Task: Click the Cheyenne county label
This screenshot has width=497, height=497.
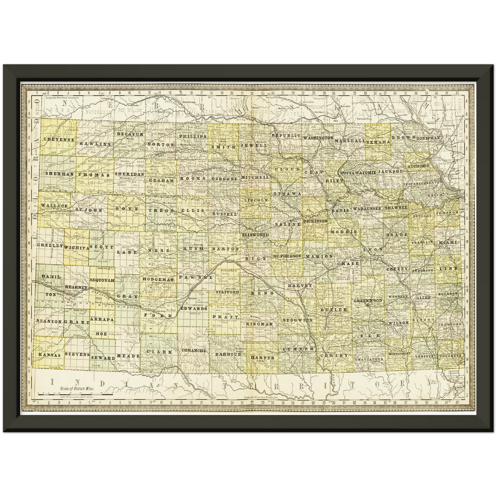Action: pyautogui.click(x=59, y=140)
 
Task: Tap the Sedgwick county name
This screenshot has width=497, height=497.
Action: pyautogui.click(x=298, y=320)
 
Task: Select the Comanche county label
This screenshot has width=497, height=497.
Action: pyautogui.click(x=194, y=351)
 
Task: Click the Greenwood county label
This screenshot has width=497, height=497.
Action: pyautogui.click(x=368, y=301)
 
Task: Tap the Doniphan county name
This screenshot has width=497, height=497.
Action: pyautogui.click(x=428, y=138)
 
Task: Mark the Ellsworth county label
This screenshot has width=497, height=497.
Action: pyautogui.click(x=255, y=235)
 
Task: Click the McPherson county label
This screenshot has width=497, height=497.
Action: pyautogui.click(x=287, y=256)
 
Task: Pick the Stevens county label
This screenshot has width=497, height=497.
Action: pyautogui.click(x=77, y=354)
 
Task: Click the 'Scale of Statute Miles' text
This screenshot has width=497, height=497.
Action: pyautogui.click(x=77, y=387)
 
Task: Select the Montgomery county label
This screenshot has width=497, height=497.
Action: pyautogui.click(x=399, y=354)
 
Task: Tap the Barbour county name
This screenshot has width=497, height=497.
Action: pyautogui.click(x=228, y=354)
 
